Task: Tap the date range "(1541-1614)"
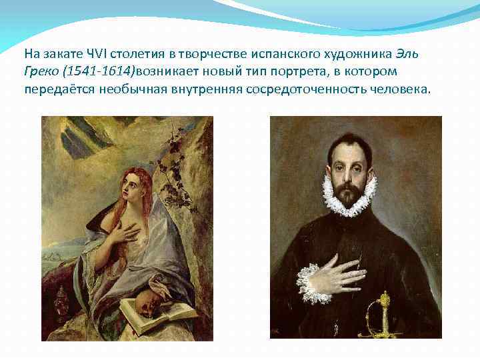click(96, 71)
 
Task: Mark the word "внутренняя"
click(217, 89)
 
